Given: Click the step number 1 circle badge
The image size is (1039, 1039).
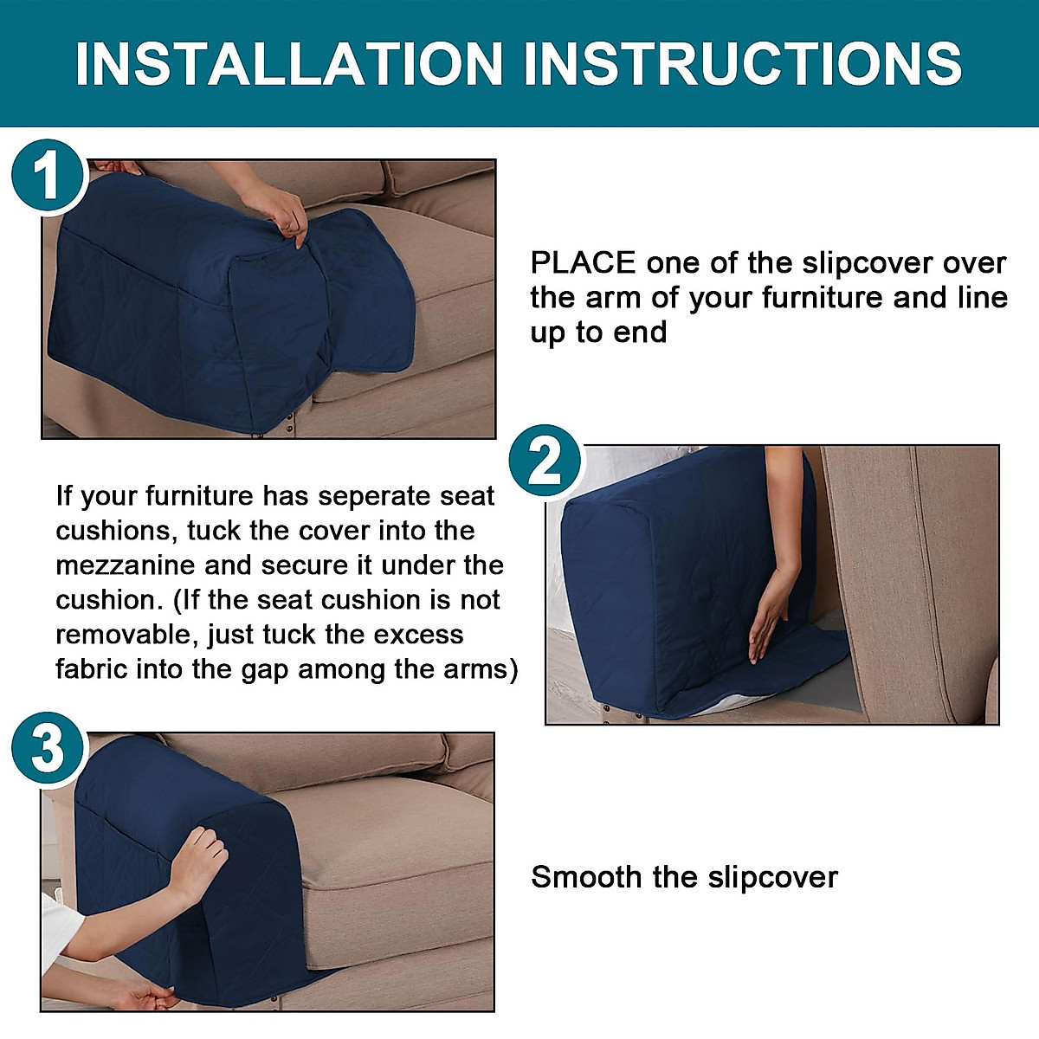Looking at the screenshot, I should tap(48, 177).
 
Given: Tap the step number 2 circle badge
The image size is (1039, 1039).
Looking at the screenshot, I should tap(545, 462).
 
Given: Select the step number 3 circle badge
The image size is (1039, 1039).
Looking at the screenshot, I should tap(48, 747).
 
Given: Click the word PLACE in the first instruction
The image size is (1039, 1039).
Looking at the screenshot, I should tap(583, 262).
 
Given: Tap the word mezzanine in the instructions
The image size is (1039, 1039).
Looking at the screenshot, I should tap(125, 565).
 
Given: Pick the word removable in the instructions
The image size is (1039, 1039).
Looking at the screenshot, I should tap(126, 635).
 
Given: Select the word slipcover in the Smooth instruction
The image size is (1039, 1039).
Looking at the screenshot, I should tap(772, 877).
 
